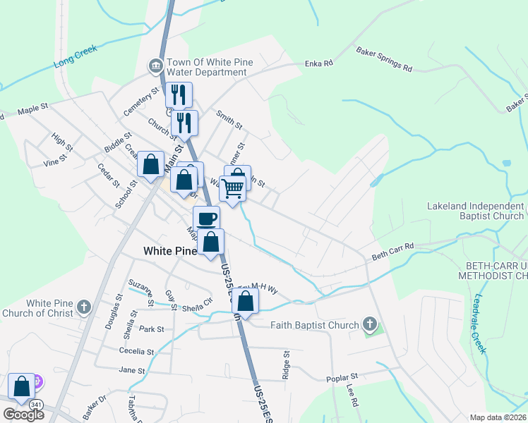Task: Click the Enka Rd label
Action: pos(318,64)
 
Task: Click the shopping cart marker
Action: pos(232,188)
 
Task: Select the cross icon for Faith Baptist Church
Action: pos(368,325)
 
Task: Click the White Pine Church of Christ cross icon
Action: pos(84,307)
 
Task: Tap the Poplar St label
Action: pos(343,378)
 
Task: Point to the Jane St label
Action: pos(132,370)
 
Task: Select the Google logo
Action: pos(23,415)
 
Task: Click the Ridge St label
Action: pos(286,366)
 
